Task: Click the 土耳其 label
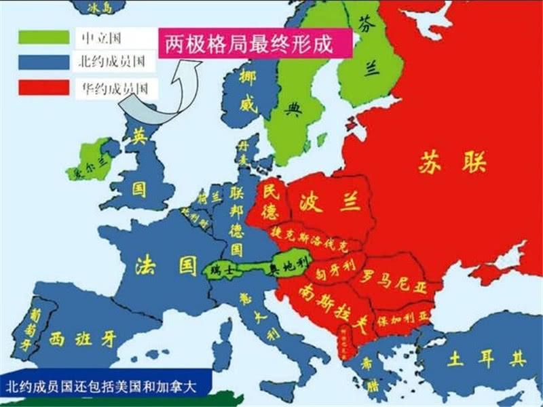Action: (480, 357)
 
